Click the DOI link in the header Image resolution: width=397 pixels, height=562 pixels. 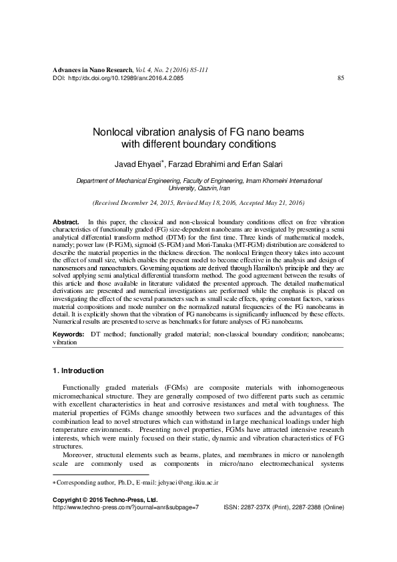126,78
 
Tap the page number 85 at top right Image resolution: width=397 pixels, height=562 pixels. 341,78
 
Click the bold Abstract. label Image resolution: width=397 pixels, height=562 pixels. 66,221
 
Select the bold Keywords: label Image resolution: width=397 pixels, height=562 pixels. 69,332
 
